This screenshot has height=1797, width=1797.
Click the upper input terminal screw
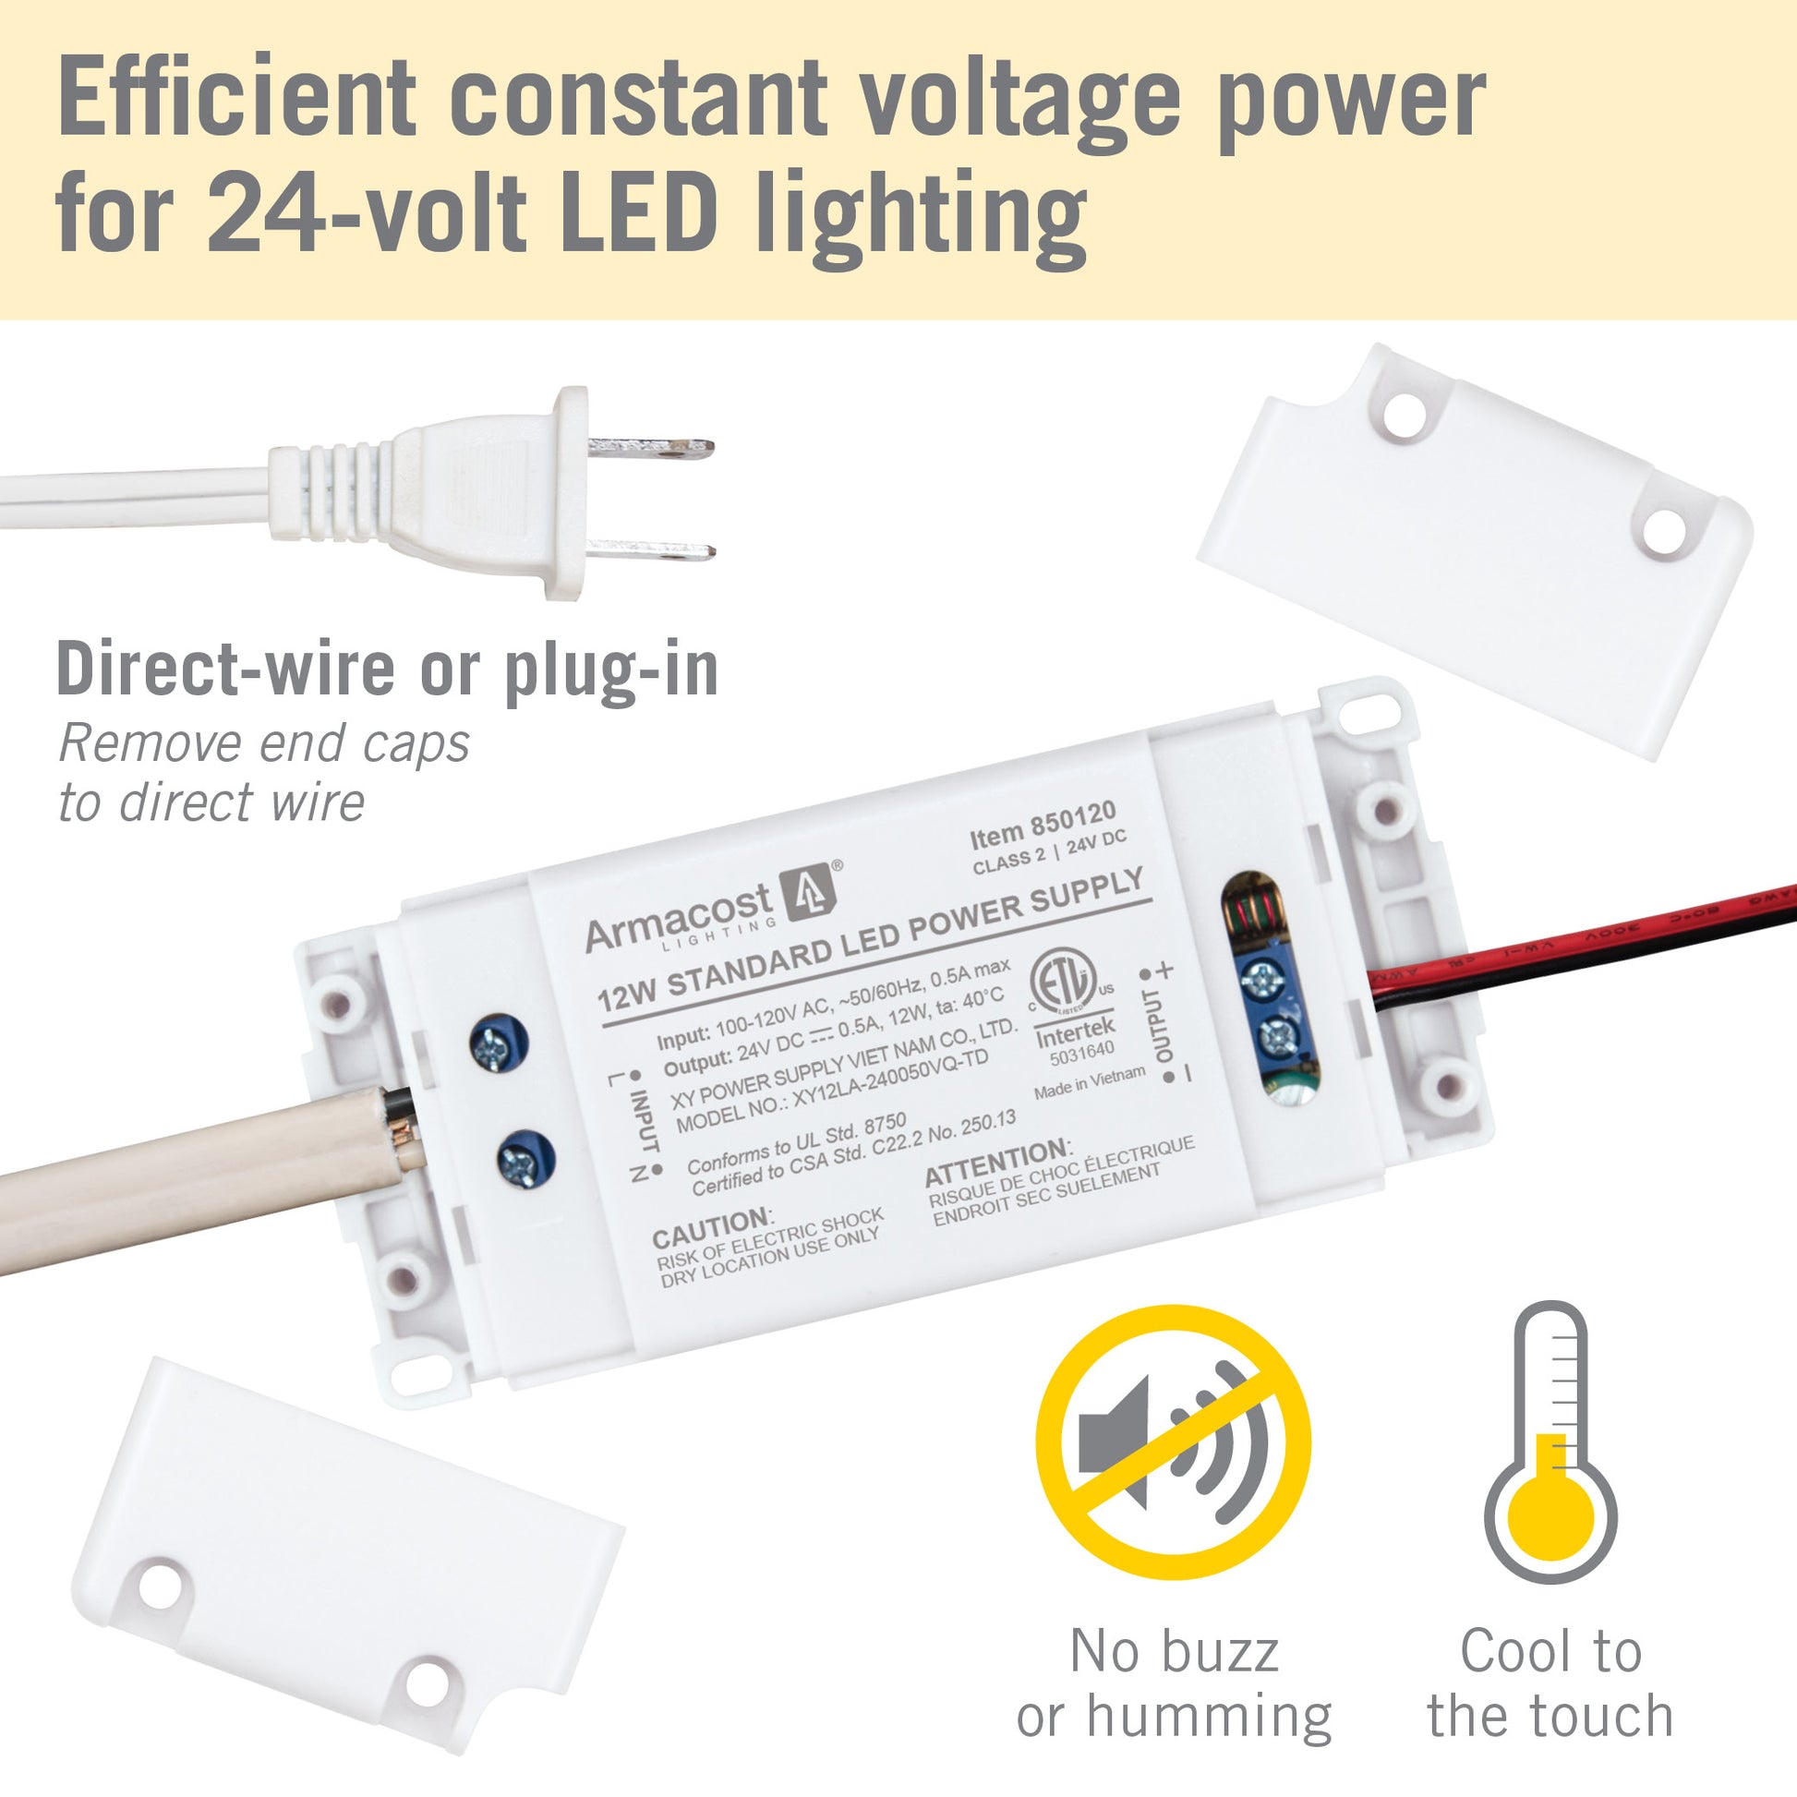(493, 1047)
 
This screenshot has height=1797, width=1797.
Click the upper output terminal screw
(1263, 979)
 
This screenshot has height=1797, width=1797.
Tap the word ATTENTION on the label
(996, 1163)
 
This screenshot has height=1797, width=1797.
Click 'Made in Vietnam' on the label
(1089, 1082)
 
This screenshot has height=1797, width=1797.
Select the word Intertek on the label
(1074, 1032)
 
